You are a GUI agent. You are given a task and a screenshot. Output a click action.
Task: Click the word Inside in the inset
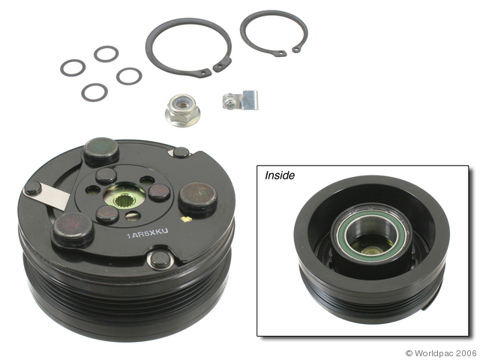280,175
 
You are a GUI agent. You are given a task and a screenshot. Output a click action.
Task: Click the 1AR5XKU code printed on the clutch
148,233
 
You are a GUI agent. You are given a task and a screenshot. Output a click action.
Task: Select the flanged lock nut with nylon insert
183,110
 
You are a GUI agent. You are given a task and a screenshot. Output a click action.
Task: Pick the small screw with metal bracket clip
240,100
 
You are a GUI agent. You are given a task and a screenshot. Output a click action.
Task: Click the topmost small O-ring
106,54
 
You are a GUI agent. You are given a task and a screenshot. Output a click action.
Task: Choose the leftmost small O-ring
73,67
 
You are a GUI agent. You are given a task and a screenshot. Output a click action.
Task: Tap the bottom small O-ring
94,92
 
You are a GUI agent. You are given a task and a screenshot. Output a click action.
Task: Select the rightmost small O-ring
129,76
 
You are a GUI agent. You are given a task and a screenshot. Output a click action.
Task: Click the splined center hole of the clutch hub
124,201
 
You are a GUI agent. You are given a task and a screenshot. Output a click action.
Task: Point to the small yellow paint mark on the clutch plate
187,219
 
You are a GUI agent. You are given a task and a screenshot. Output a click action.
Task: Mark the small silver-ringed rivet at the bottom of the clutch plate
160,260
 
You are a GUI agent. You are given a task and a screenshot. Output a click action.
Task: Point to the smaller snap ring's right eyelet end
297,49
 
